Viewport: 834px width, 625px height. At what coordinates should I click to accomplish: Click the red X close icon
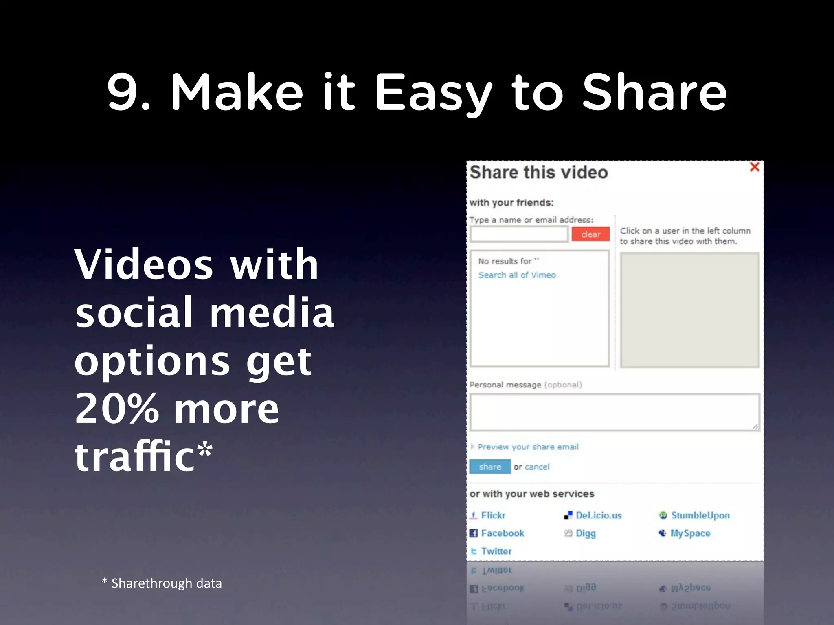click(754, 167)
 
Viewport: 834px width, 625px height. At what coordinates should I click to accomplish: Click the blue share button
click(489, 467)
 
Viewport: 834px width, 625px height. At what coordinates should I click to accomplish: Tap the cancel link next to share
click(537, 467)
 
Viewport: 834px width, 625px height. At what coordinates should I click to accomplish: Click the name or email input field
click(519, 234)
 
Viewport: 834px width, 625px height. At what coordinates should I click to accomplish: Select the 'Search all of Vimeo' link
click(517, 275)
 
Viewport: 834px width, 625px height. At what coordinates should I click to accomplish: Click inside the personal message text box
click(614, 412)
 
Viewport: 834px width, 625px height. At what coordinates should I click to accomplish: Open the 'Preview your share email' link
click(528, 447)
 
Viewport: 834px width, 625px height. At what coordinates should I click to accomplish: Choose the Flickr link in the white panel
click(493, 515)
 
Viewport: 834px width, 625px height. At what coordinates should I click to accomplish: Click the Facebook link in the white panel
click(503, 533)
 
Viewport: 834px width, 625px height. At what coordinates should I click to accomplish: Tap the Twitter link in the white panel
click(496, 551)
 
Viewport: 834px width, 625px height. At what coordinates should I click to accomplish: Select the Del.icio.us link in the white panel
click(598, 515)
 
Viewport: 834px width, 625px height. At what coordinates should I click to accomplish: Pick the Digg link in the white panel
click(586, 533)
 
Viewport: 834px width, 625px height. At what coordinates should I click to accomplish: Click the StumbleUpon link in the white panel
click(700, 515)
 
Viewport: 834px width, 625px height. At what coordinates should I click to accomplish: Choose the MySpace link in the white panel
click(690, 533)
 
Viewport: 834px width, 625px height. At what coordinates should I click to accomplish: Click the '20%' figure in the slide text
click(117, 409)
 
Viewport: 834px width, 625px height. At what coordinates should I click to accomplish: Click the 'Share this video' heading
click(538, 173)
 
